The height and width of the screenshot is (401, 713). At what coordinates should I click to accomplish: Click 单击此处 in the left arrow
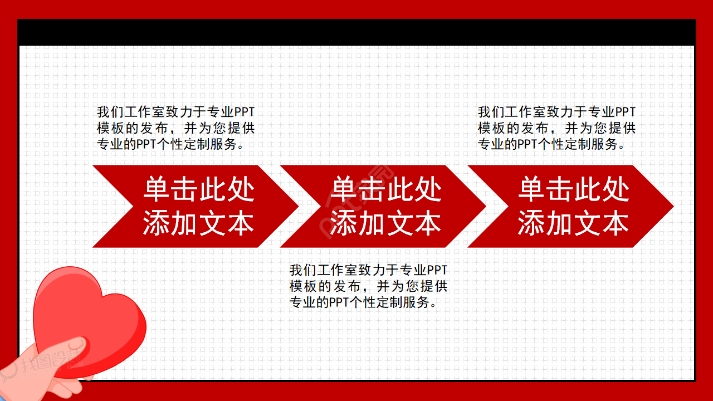point(199,190)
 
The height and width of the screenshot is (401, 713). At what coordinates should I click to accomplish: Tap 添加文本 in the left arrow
point(199,223)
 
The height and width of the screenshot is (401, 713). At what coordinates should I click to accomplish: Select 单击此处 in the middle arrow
point(386,190)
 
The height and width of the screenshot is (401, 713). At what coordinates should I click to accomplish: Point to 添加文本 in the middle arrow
point(386,223)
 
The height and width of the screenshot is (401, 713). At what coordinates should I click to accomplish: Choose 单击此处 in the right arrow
point(574,190)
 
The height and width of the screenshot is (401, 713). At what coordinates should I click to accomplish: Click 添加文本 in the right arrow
point(574,223)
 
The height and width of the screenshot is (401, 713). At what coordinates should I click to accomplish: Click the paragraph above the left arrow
point(175,128)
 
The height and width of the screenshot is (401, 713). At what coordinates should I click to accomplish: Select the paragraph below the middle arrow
point(368,287)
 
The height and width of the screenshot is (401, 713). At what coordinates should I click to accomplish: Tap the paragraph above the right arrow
point(556,128)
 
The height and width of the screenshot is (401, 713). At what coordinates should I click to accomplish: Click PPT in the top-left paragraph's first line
point(244,112)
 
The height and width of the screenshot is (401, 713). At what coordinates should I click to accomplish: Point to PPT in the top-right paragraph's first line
point(625,112)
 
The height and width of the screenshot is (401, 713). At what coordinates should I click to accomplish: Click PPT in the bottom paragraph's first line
point(437,271)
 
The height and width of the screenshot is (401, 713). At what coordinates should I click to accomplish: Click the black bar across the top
point(356,32)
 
